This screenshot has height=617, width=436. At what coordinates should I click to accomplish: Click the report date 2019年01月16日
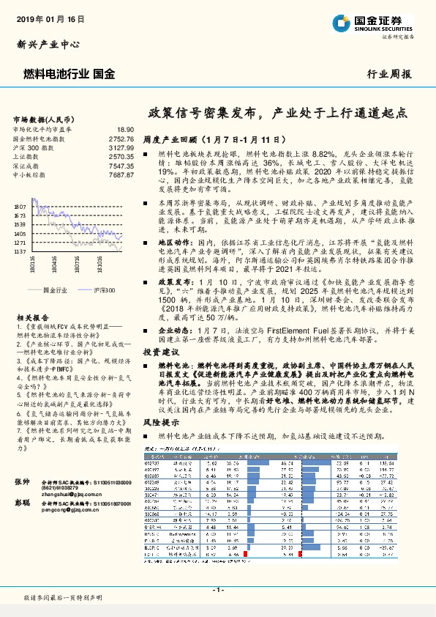click(x=50, y=18)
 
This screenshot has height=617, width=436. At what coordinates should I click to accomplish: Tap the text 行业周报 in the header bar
click(x=388, y=74)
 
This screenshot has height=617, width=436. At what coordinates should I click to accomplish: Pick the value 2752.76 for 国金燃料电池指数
click(x=120, y=138)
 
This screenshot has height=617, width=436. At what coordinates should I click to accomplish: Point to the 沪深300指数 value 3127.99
click(x=120, y=147)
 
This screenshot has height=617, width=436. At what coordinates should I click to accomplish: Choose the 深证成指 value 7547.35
click(x=120, y=166)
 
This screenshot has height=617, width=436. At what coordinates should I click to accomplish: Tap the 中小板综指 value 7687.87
click(x=120, y=176)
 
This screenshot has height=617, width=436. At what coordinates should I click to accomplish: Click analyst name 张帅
click(x=22, y=480)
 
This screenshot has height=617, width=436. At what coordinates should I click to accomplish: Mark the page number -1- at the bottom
click(x=218, y=588)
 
